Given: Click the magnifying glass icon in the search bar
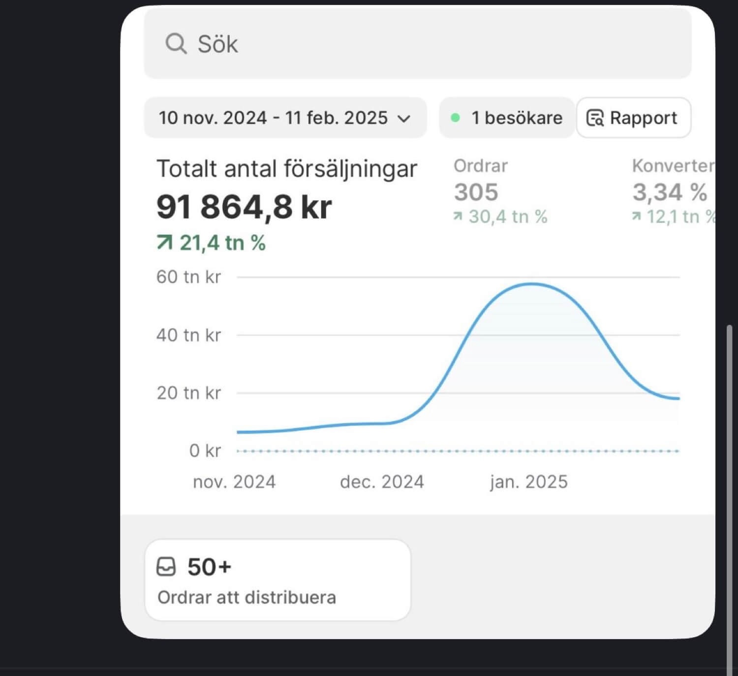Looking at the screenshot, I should [x=176, y=44].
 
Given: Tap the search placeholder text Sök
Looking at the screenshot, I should [x=217, y=44].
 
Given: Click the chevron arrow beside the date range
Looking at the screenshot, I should [x=404, y=119].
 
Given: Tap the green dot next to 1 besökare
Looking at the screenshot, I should [x=456, y=118].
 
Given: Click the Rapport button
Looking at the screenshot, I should [x=633, y=118].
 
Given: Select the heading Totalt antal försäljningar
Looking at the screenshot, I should [x=286, y=169].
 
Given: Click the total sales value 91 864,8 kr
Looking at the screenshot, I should [x=244, y=207].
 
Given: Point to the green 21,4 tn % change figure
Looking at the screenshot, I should [x=212, y=243].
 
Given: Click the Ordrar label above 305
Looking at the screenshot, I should [x=480, y=166].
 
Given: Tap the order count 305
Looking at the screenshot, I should [x=476, y=192].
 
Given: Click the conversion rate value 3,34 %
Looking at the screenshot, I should [x=669, y=192].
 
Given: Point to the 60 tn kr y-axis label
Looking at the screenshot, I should [x=188, y=277].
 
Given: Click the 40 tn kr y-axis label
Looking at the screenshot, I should [x=188, y=335].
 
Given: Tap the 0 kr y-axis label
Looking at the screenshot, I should [x=205, y=451].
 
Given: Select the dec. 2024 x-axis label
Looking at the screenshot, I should [x=382, y=482].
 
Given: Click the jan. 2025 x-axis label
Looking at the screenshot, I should [x=528, y=482].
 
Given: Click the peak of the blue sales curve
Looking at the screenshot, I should [x=532, y=284].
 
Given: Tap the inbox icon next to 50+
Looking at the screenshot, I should [x=166, y=567].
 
